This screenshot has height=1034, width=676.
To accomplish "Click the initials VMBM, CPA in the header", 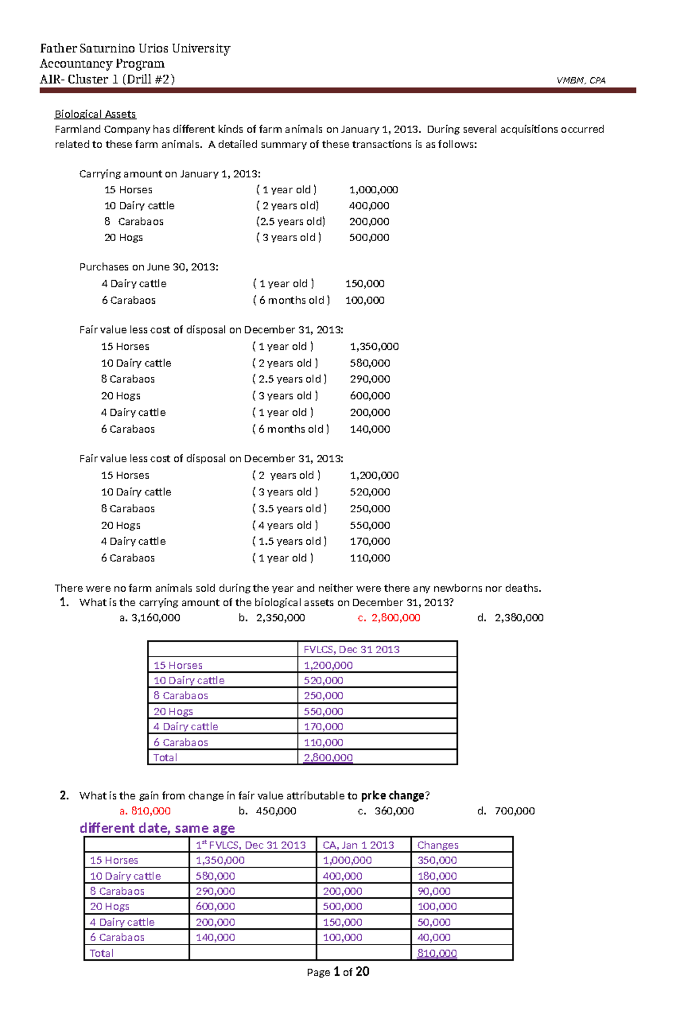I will [x=581, y=81].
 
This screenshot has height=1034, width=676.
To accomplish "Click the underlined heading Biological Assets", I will [x=95, y=114].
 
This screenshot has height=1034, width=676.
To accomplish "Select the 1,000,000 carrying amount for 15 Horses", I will [x=373, y=190].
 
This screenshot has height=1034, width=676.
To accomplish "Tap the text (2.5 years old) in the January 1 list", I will [x=290, y=221].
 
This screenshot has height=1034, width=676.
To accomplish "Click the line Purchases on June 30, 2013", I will [x=149, y=267].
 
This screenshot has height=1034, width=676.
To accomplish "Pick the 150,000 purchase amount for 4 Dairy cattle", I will [x=364, y=283].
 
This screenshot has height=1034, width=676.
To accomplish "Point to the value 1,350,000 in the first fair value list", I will [x=374, y=347].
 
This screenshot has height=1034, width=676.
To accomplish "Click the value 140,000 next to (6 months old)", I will [x=370, y=429].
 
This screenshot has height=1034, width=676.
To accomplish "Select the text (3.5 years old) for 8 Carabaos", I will [x=289, y=508].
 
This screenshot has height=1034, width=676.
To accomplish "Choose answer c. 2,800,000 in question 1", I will [x=389, y=618].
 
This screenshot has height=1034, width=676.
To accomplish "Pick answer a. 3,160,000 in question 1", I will [x=150, y=618].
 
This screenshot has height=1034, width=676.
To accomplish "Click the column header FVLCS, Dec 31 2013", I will [x=352, y=649].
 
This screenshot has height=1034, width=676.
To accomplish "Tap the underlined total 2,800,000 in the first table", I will [x=328, y=758].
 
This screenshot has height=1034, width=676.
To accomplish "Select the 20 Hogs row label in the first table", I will [x=173, y=712].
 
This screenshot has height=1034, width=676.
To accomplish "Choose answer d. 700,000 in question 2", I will [x=506, y=811].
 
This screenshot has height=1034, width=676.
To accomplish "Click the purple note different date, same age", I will [x=157, y=828].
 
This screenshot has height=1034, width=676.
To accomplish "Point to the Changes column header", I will [x=438, y=845].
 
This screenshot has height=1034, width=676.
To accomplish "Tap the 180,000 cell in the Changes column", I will [x=437, y=876].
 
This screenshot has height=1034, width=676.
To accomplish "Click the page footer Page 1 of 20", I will [x=338, y=972].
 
